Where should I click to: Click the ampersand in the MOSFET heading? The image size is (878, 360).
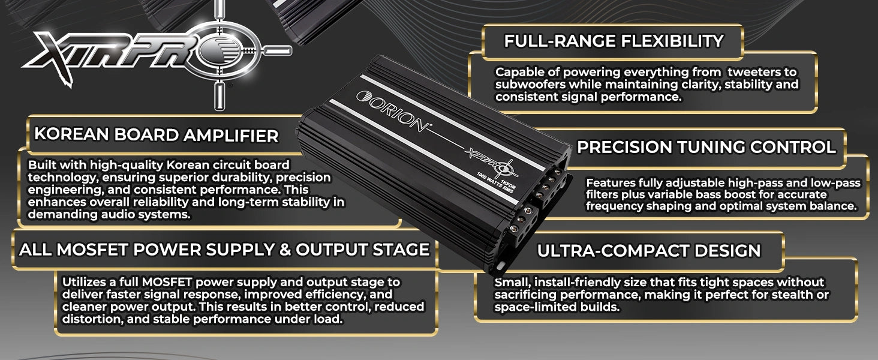click(282, 250)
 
